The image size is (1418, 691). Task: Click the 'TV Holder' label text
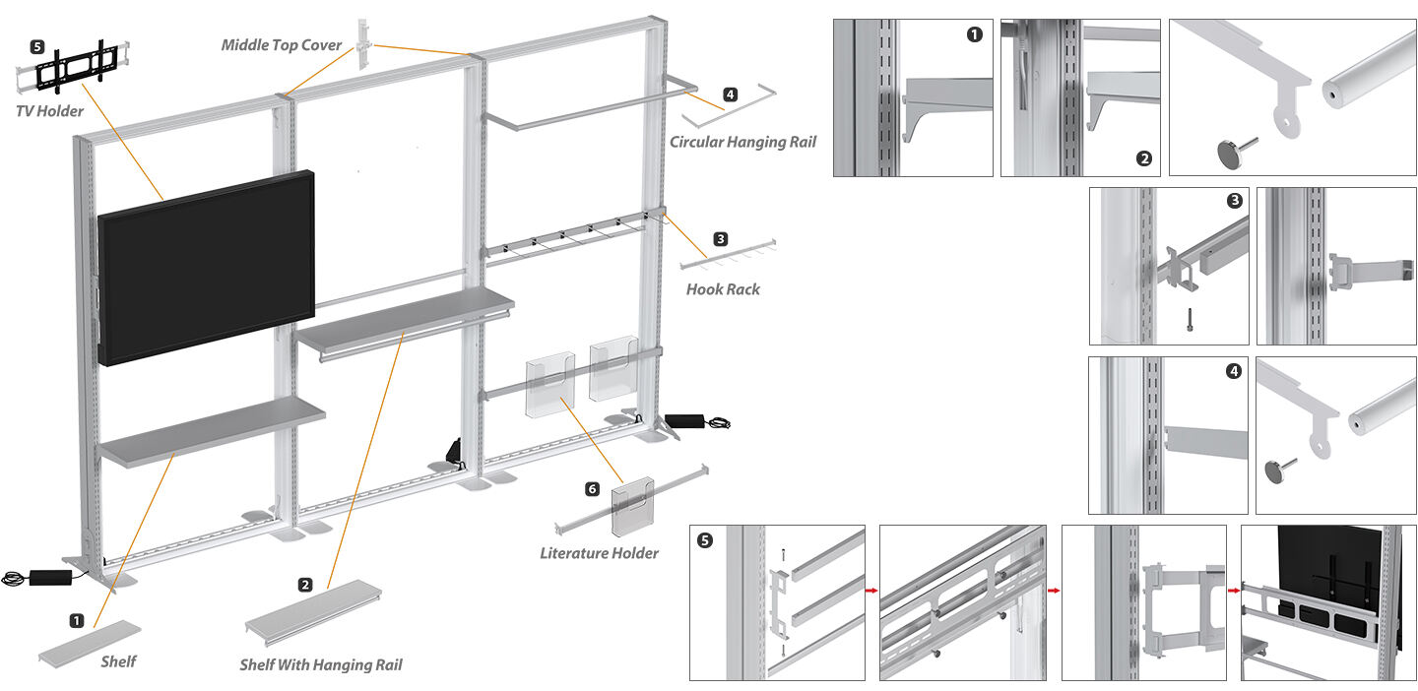click(x=49, y=111)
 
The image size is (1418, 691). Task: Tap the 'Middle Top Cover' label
click(x=282, y=45)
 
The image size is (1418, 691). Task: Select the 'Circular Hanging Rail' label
click(x=742, y=142)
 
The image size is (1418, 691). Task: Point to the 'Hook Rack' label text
click(x=723, y=289)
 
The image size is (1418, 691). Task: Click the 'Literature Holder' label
click(x=599, y=553)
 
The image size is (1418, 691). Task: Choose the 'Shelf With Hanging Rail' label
click(x=320, y=665)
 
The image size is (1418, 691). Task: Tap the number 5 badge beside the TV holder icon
click(x=37, y=46)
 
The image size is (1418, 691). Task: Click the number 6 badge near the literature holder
click(x=592, y=489)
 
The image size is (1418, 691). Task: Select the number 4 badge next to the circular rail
click(x=730, y=94)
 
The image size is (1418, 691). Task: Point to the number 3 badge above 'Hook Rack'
click(x=721, y=238)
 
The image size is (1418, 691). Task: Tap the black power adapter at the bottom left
click(x=49, y=576)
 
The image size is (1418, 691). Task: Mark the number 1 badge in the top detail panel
click(x=974, y=35)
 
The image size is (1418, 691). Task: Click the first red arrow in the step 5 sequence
click(x=871, y=592)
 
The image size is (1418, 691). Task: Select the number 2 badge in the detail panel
click(x=1143, y=158)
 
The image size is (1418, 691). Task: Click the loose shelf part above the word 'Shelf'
click(x=90, y=642)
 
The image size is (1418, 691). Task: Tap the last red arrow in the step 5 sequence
click(x=1233, y=592)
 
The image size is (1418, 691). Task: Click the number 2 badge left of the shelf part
click(x=305, y=585)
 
